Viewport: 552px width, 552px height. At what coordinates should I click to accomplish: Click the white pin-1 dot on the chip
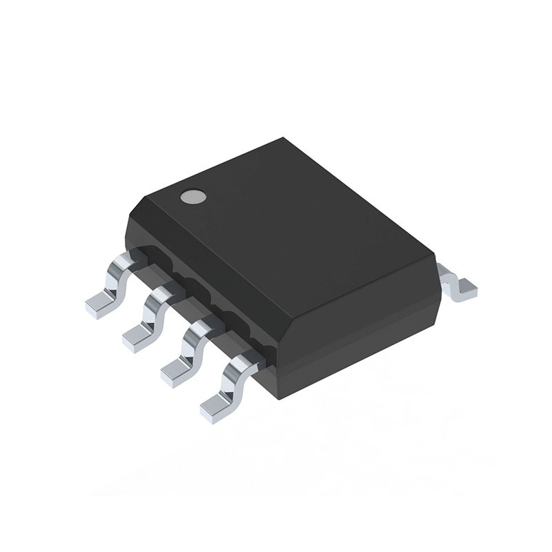pos(193,197)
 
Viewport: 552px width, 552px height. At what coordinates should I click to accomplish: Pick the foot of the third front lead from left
pos(175,373)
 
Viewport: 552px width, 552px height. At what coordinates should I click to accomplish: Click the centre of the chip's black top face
pos(283,228)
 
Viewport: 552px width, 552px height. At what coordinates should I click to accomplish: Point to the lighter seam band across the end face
pos(366,335)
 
